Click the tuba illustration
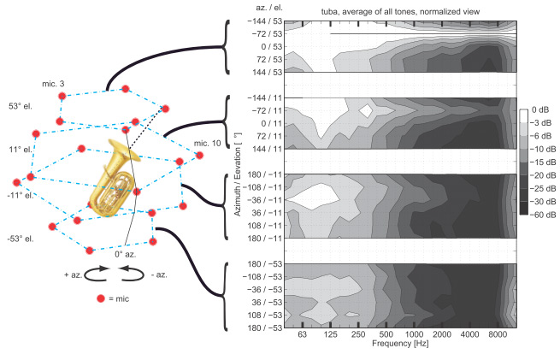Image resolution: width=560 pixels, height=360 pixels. click(113, 179)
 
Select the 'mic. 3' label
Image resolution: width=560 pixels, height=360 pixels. click(53, 84)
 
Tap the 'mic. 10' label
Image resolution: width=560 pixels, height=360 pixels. click(208, 143)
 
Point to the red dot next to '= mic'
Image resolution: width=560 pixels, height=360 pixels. click(101, 298)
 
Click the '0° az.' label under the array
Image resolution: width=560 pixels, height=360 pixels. click(126, 254)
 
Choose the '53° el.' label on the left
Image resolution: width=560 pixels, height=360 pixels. click(21, 106)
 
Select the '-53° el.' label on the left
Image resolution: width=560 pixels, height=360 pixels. click(21, 239)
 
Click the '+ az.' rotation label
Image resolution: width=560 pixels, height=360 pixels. click(73, 274)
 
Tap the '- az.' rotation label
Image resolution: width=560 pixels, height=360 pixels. click(159, 274)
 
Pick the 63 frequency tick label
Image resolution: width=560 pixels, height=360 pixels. click(303, 334)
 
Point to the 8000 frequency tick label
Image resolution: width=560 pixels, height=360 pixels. click(498, 334)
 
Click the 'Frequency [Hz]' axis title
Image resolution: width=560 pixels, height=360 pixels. click(400, 344)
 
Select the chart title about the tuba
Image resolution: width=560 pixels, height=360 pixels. click(400, 12)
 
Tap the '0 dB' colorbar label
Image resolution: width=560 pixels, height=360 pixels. click(540, 109)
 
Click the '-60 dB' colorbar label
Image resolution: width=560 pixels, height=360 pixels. click(543, 215)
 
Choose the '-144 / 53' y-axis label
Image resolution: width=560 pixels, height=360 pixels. click(265, 21)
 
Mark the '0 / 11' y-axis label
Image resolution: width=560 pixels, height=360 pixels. click(271, 123)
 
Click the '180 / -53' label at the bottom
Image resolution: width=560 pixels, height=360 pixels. click(265, 328)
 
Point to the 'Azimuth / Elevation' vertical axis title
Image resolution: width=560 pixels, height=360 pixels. click(238, 174)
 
